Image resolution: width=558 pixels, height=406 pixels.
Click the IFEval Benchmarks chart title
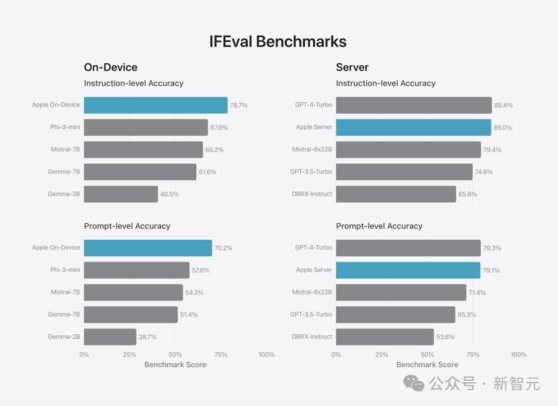coord(278,41)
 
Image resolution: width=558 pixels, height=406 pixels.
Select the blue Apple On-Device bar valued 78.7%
coord(156,105)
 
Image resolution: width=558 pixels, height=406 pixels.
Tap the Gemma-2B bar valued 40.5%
coord(121,194)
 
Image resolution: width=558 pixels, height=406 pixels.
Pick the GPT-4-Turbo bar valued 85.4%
coord(414,105)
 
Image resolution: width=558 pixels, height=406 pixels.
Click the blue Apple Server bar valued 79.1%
coord(408,270)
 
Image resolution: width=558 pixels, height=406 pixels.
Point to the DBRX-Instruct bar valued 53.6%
coord(385,337)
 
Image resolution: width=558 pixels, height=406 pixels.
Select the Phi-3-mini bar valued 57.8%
coord(137,270)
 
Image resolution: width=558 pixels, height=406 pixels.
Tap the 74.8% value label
coord(484,172)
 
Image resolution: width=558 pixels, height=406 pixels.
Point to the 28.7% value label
coord(148,337)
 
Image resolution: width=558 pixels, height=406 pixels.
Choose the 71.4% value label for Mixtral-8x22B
coord(477,292)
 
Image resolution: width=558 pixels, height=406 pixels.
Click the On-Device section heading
coord(111,67)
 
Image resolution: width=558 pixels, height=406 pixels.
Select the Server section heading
coord(352,67)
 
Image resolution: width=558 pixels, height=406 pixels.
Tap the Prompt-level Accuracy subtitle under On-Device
coord(127,226)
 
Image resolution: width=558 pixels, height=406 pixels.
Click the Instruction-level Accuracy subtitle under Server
coord(385,83)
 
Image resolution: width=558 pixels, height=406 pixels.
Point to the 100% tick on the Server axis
coord(518,354)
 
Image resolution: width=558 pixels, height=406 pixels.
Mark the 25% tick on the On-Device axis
coord(130,354)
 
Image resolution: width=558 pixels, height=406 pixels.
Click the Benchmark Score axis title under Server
coord(427,365)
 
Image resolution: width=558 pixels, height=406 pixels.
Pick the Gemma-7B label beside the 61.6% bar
coord(64,172)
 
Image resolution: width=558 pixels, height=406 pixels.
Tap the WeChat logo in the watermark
coord(414,383)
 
